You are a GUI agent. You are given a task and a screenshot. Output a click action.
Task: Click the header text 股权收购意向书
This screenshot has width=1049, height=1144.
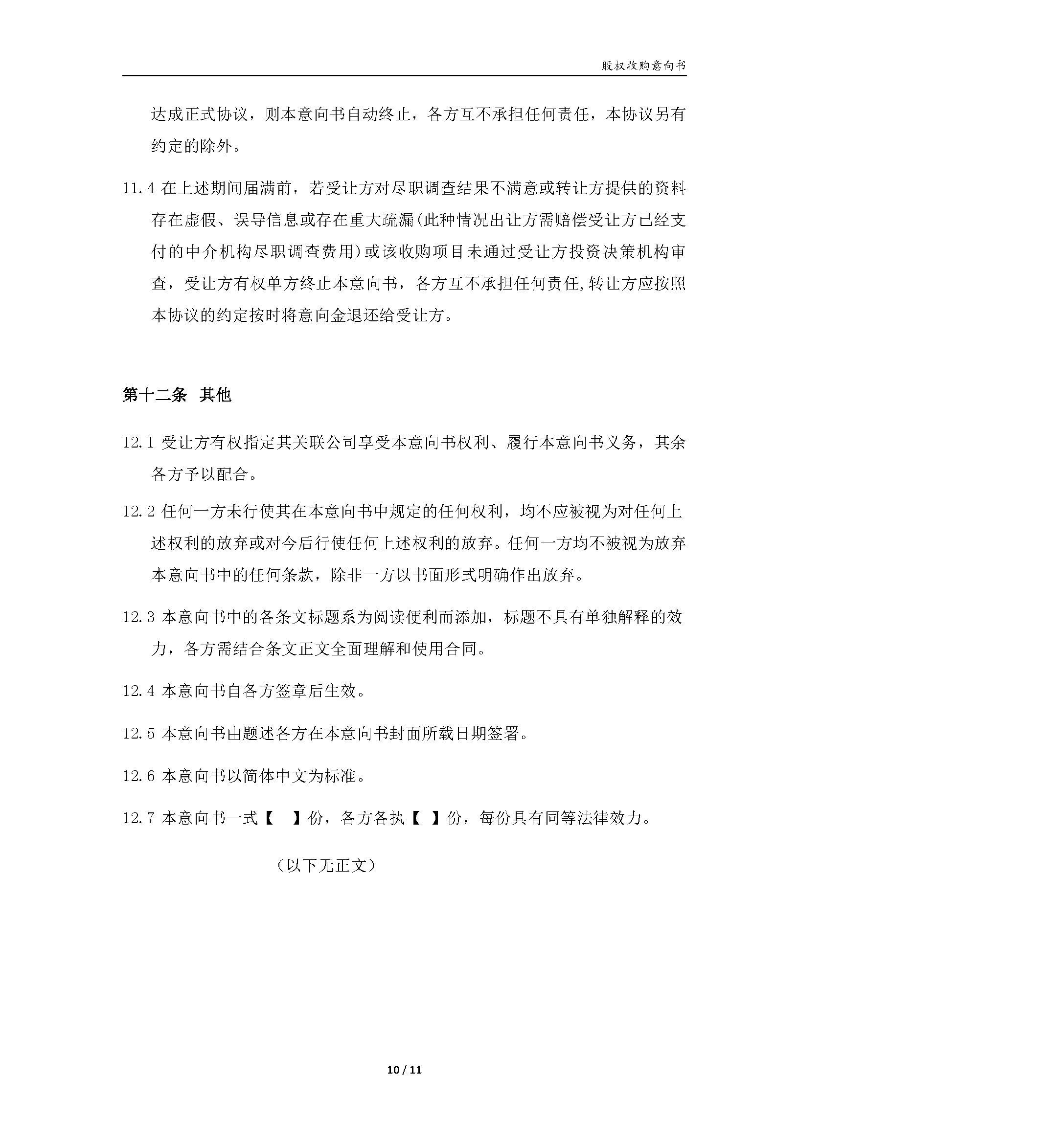[x=644, y=66]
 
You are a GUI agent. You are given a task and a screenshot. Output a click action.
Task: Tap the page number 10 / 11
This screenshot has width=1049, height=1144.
[x=404, y=1070]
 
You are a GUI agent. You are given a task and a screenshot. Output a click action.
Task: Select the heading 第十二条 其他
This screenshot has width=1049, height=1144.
[x=177, y=395]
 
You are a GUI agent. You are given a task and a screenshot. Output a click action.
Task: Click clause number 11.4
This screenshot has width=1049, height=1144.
[x=138, y=188]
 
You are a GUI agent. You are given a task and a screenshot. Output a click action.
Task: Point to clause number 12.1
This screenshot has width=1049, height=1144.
[x=138, y=443]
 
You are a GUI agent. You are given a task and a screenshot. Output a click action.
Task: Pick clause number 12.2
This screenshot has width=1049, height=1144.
[x=138, y=512]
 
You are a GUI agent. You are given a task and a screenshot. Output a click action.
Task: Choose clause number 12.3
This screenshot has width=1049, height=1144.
[x=138, y=617]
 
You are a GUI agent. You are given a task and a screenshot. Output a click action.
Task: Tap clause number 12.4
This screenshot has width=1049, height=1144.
[x=138, y=691]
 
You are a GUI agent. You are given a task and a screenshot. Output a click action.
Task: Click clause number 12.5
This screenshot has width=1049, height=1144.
[x=138, y=734]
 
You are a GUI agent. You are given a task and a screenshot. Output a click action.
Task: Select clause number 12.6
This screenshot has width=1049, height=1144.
[x=138, y=776]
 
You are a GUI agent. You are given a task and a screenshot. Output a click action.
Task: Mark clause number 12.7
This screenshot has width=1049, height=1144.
[x=138, y=818]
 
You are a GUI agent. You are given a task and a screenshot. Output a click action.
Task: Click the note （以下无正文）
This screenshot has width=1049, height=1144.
[x=325, y=865]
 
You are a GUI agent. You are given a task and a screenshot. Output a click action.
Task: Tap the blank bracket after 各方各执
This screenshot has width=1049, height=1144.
[x=425, y=818]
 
